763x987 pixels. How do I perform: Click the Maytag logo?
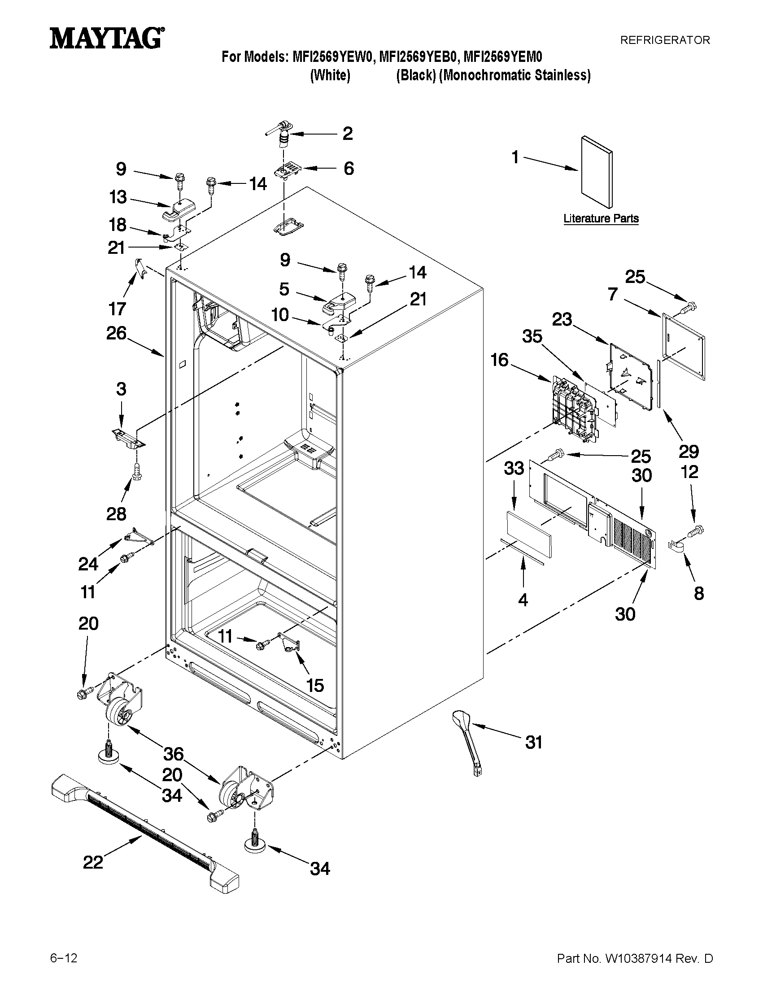[107, 39]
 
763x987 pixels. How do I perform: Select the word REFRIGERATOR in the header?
[664, 40]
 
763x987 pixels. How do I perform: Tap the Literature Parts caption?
[601, 219]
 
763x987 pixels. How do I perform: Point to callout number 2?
[347, 133]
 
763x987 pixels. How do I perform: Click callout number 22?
[93, 862]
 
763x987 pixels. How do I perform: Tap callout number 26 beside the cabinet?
[116, 334]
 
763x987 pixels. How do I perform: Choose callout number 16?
[500, 360]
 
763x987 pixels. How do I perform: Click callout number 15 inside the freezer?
[315, 685]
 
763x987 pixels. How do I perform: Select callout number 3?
[121, 389]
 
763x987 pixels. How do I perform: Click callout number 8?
[699, 593]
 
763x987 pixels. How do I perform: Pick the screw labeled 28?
[136, 471]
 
